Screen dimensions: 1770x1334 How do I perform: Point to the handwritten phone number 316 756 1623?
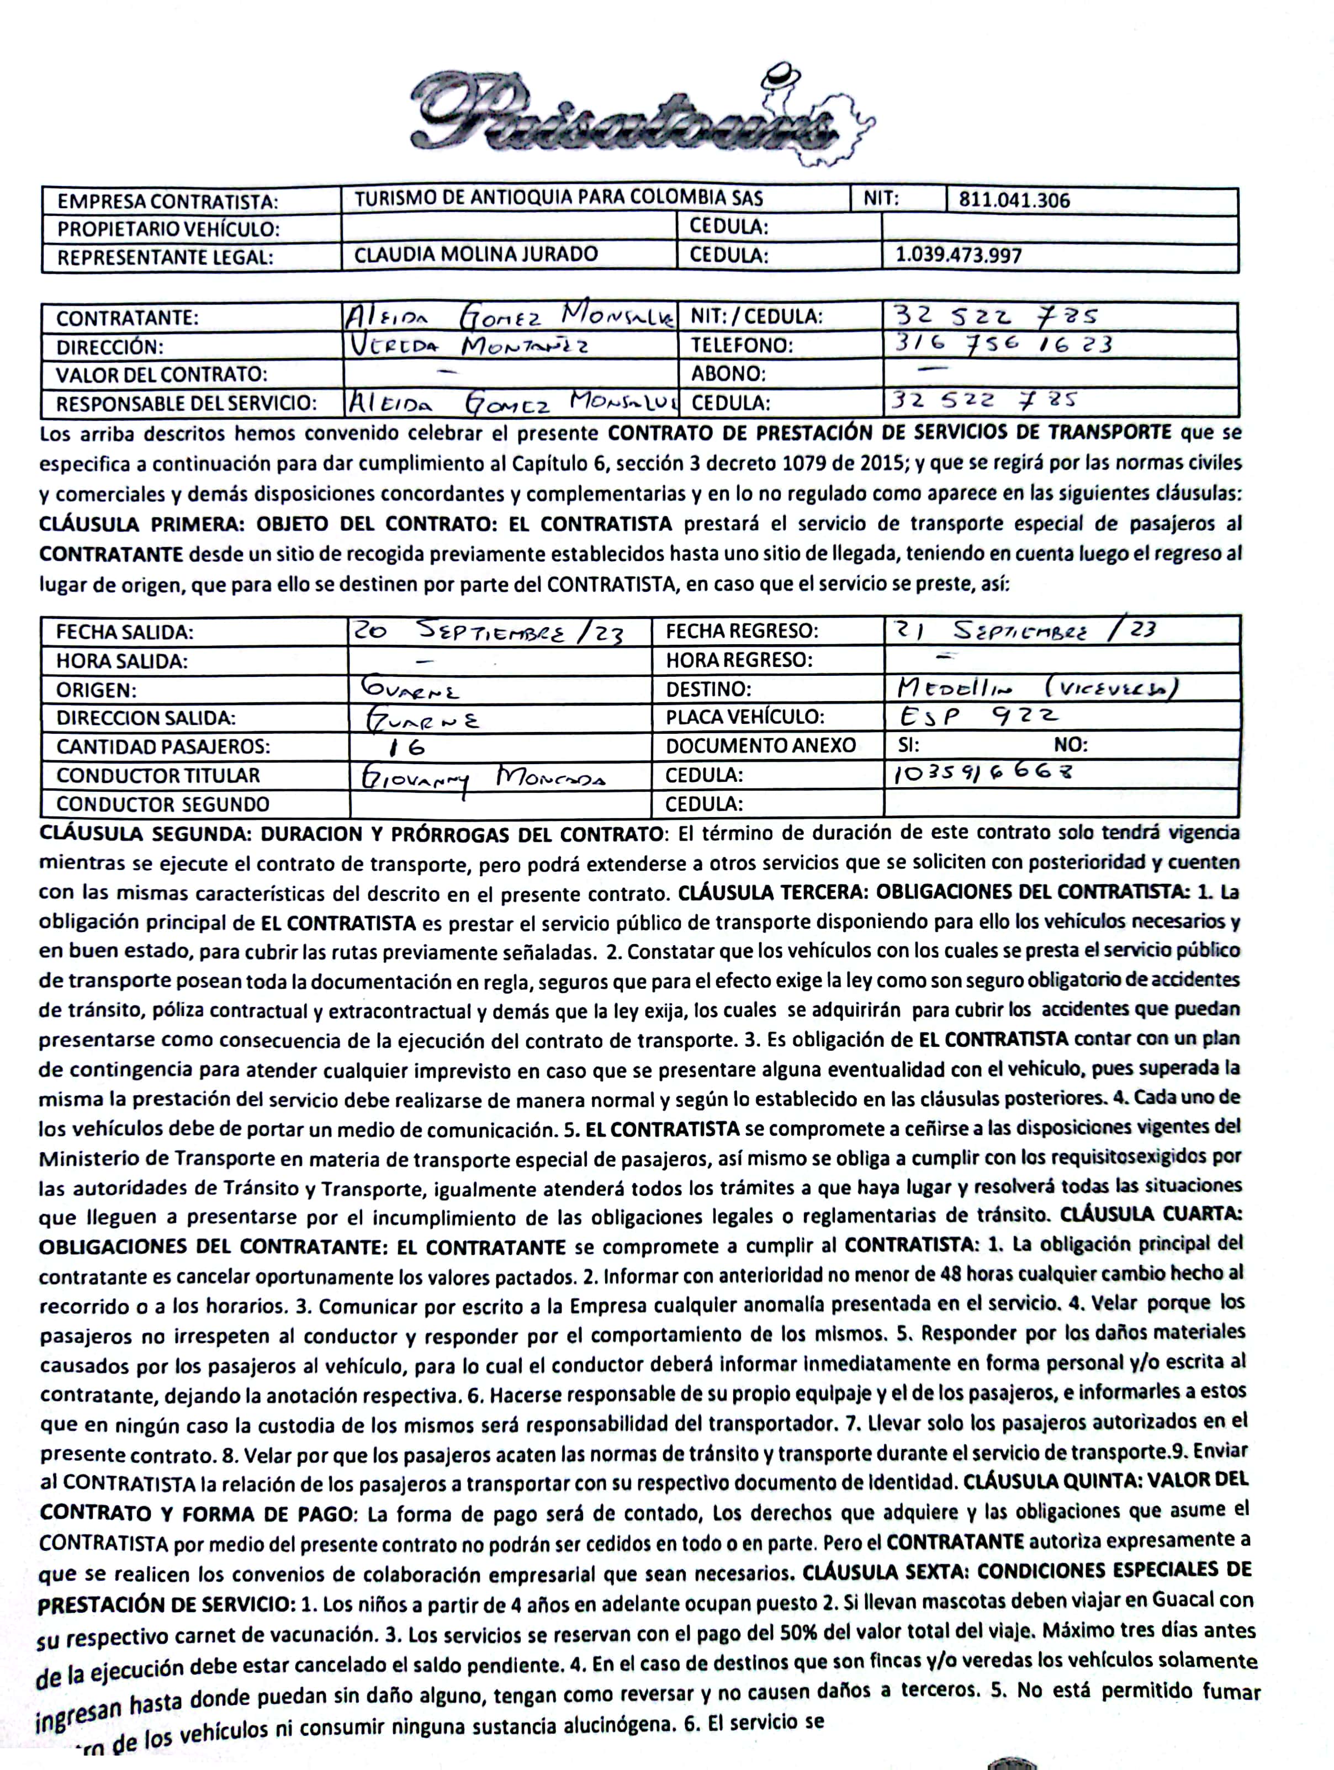click(1003, 344)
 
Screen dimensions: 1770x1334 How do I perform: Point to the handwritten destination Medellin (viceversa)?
click(1038, 687)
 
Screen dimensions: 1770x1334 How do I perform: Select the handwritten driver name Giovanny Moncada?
click(481, 776)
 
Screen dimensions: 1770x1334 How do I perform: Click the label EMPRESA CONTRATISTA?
click(167, 201)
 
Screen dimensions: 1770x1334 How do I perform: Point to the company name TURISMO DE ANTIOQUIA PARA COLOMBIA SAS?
click(559, 198)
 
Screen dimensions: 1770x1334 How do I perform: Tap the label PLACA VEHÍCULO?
click(745, 717)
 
